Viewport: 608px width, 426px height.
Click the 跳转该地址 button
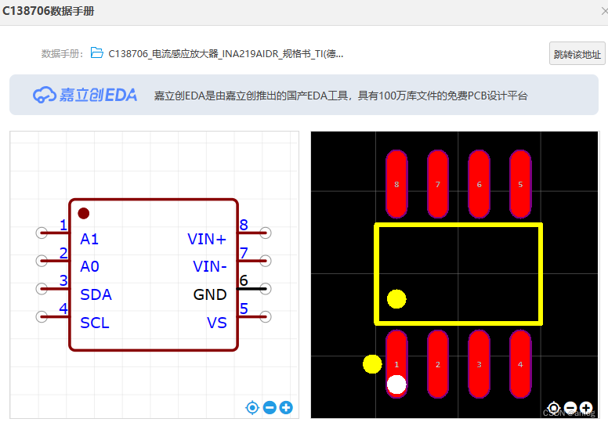pyautogui.click(x=577, y=54)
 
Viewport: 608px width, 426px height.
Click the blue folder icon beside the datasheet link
pyautogui.click(x=97, y=53)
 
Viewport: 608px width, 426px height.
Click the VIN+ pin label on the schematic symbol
pyautogui.click(x=207, y=239)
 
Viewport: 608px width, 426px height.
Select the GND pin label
pyautogui.click(x=210, y=294)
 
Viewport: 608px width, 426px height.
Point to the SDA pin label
pyautogui.click(x=96, y=294)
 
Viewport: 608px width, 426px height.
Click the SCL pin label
pyautogui.click(x=95, y=323)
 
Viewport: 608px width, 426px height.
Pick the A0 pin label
pyautogui.click(x=89, y=266)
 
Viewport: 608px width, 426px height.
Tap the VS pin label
pyautogui.click(x=217, y=323)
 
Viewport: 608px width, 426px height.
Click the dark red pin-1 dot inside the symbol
pyautogui.click(x=84, y=213)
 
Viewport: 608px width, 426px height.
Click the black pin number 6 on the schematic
pyautogui.click(x=244, y=280)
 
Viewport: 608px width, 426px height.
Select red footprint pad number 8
pyautogui.click(x=396, y=184)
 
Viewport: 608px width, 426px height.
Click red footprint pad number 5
pyautogui.click(x=520, y=184)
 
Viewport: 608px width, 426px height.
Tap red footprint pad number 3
pyautogui.click(x=479, y=364)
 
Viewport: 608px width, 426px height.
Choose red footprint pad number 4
pyautogui.click(x=520, y=364)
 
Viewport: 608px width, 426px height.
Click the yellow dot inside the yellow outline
pyautogui.click(x=396, y=299)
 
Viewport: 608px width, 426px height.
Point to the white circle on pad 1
pyautogui.click(x=396, y=384)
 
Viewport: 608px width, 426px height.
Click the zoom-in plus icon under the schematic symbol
pyautogui.click(x=286, y=407)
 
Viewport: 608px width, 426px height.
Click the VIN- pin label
pyautogui.click(x=210, y=266)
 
